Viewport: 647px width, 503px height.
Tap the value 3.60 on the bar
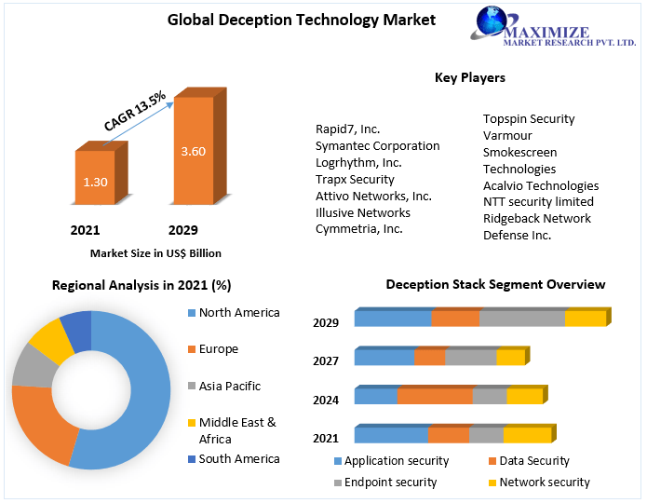193,151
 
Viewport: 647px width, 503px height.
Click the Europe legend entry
218,349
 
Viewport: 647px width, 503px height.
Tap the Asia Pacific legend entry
229,386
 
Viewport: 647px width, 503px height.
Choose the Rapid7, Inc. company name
347,129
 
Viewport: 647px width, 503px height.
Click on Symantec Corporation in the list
377,146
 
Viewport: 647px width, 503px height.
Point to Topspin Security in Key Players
528,119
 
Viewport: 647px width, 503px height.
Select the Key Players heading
469,78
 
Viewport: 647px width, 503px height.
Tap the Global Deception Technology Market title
288,20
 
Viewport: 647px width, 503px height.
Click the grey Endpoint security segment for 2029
522,319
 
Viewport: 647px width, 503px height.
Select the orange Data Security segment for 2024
435,396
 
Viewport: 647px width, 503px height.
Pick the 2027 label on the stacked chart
326,360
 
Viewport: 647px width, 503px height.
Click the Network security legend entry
545,483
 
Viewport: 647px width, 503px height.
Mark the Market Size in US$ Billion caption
155,253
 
